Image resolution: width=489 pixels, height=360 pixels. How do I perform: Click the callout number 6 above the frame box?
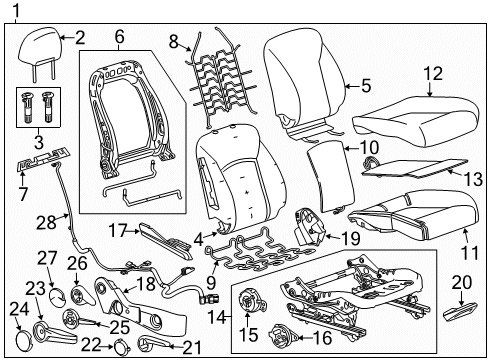click(119, 37)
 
